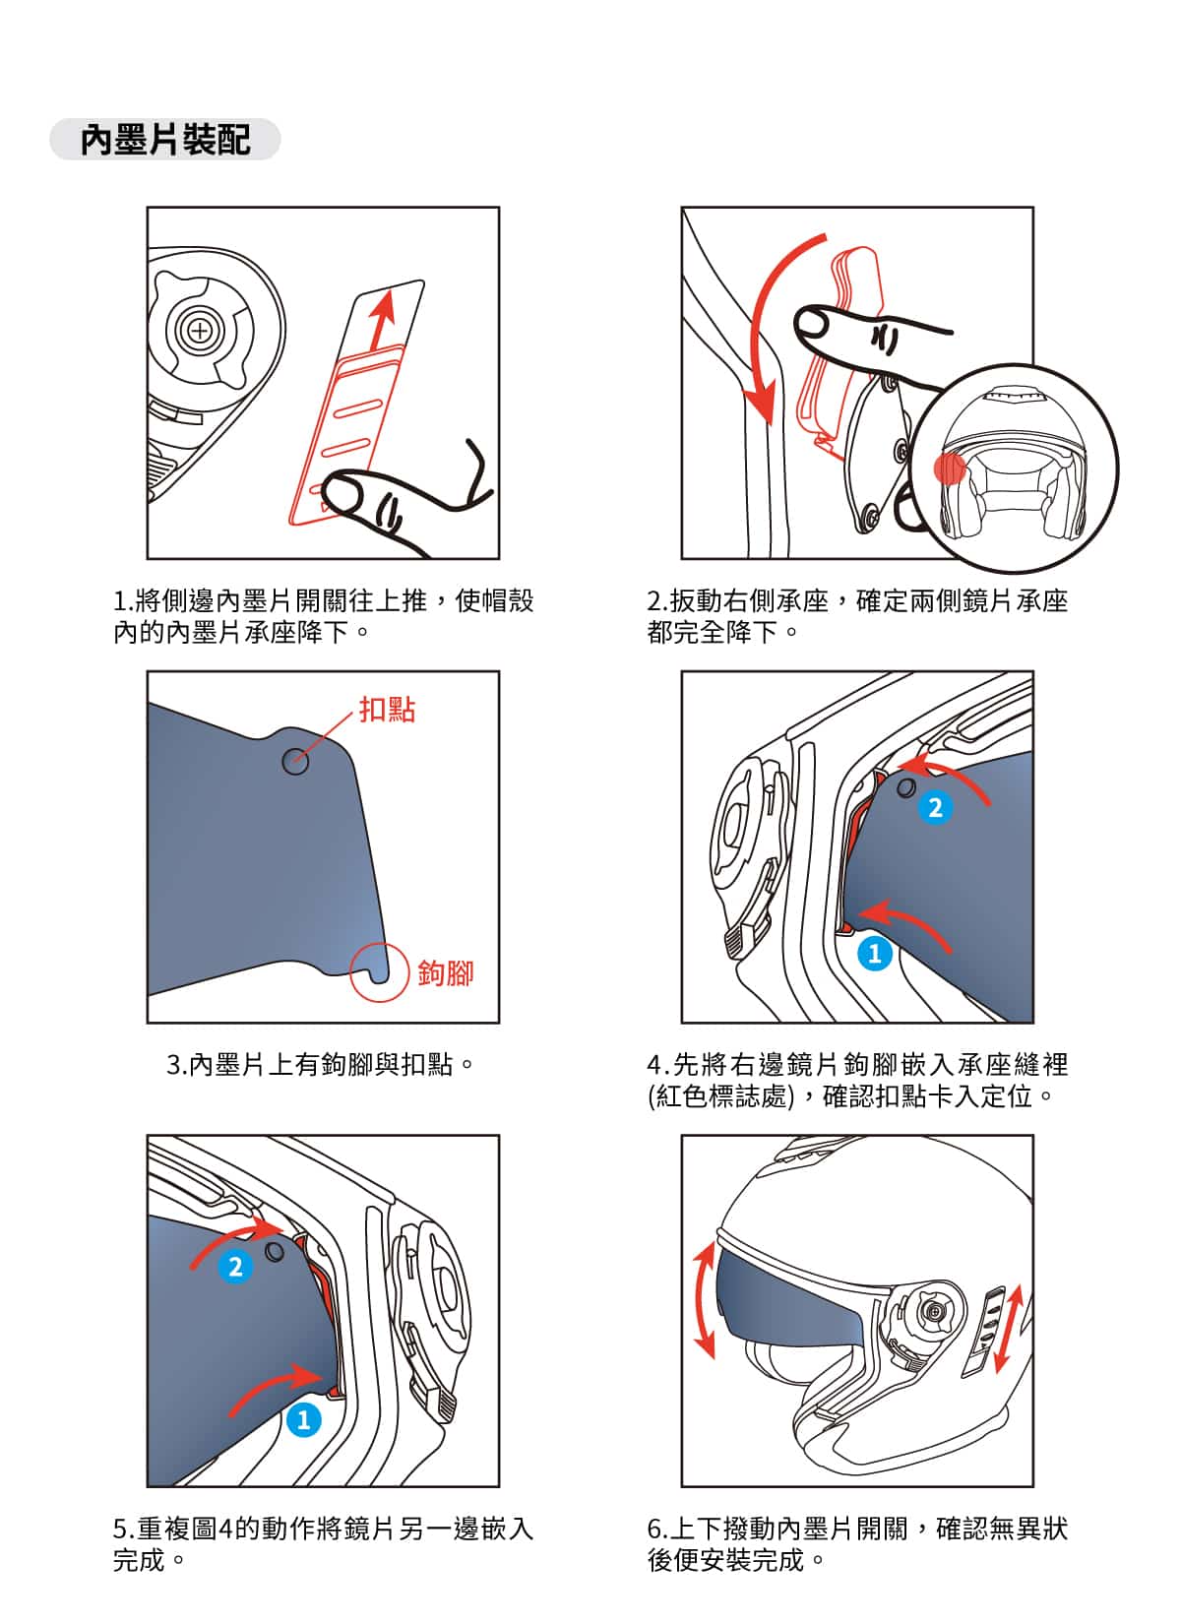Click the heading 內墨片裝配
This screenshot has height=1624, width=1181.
point(164,139)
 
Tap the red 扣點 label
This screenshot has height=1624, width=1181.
point(387,709)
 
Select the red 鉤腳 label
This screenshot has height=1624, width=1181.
point(445,972)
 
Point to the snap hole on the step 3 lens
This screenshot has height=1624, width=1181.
point(295,761)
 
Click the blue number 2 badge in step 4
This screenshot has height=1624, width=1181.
point(935,807)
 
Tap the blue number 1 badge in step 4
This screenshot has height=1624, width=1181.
point(874,953)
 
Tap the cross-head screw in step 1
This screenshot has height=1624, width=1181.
point(200,332)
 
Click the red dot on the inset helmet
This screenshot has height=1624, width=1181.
point(949,468)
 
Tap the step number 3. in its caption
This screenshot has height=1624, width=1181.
point(177,1065)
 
